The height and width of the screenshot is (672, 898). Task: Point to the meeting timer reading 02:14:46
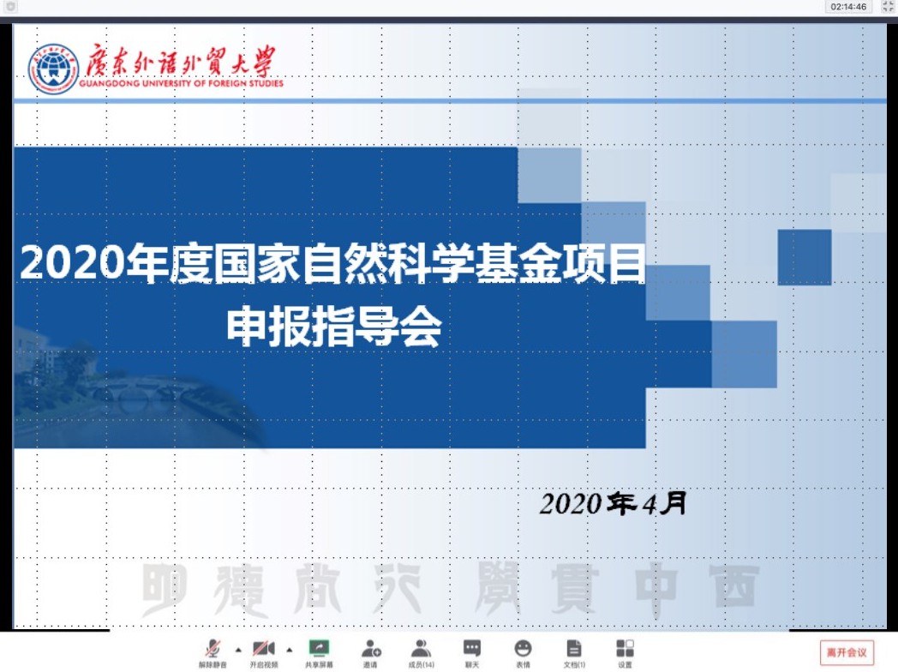[848, 7]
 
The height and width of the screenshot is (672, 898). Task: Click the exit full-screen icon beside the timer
[888, 7]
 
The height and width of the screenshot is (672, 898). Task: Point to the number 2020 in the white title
[70, 263]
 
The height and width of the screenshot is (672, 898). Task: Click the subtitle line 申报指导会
[334, 326]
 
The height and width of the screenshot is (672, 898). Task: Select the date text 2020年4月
[614, 504]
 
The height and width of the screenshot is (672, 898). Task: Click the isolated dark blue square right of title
[805, 257]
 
